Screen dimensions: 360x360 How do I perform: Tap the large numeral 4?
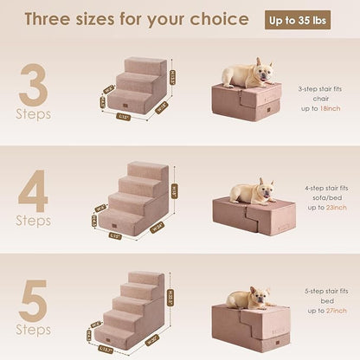click(32, 193)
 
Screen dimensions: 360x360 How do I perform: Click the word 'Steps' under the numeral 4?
click(33, 222)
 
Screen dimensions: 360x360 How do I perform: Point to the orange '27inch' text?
click(330, 314)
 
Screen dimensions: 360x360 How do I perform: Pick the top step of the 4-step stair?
click(148, 168)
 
